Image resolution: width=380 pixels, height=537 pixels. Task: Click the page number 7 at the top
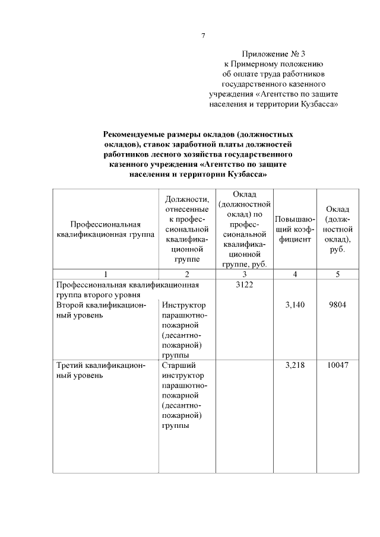click(x=203, y=36)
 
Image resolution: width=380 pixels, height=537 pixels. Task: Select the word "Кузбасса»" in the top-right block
click(x=318, y=104)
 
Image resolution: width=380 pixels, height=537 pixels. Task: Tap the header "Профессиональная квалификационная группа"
click(x=105, y=230)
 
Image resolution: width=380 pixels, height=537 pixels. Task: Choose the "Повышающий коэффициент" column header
click(x=295, y=230)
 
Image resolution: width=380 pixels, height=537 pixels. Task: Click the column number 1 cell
click(x=105, y=274)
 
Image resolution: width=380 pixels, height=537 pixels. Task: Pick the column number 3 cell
click(x=244, y=274)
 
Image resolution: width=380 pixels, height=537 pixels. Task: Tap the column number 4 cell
click(x=295, y=274)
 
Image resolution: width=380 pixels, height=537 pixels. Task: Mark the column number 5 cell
click(x=337, y=274)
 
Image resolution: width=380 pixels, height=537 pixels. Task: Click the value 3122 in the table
click(x=244, y=285)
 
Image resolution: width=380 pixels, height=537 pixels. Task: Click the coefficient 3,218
click(x=295, y=366)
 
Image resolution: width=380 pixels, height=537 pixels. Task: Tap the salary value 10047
click(x=337, y=366)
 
